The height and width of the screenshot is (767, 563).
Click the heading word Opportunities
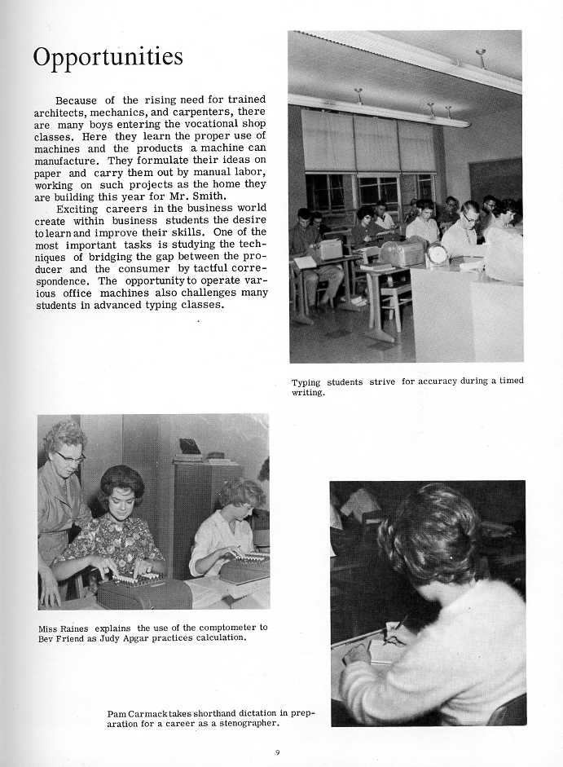click(108, 58)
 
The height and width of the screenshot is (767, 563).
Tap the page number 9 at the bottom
click(277, 752)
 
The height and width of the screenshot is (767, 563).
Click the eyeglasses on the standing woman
click(71, 457)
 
